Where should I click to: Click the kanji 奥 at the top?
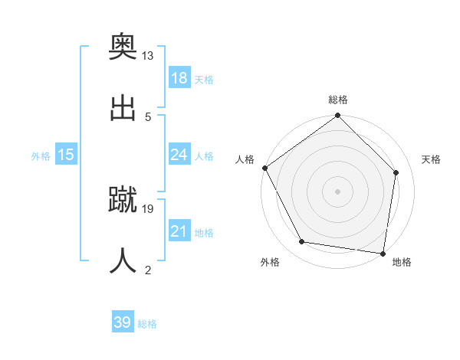pos(123,47)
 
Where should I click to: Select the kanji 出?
pos(123,106)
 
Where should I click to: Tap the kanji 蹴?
pos(123,199)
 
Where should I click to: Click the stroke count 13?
pos(148,56)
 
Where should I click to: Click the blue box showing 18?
pos(179,78)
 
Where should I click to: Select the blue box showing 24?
pos(179,155)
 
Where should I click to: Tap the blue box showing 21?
pos(179,231)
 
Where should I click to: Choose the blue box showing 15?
pos(66,155)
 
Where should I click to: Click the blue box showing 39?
pos(123,322)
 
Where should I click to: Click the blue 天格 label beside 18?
pos(204,80)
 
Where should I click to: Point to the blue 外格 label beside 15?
pos(41,156)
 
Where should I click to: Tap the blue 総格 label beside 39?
pos(147,324)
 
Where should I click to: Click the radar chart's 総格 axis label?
pos(338,100)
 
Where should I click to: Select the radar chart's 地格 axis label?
pos(402,263)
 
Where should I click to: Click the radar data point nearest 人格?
pos(265,168)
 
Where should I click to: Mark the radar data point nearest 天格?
pos(396,172)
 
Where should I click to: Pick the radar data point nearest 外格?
pos(302,242)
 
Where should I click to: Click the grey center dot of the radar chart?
pos(338,191)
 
